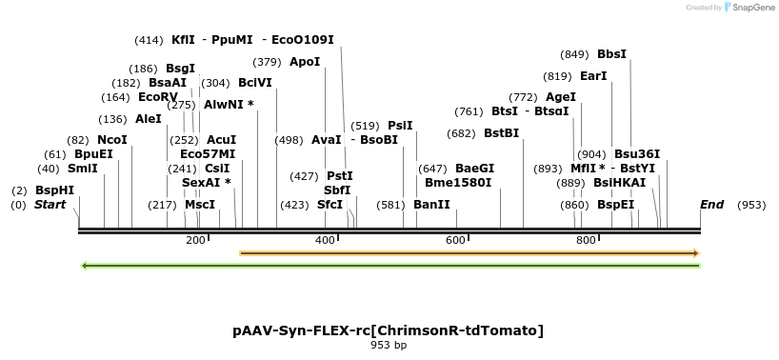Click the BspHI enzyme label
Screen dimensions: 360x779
(x=54, y=190)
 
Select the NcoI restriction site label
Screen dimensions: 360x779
(x=111, y=139)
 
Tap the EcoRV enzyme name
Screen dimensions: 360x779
(x=158, y=96)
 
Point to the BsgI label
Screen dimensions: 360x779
(x=180, y=68)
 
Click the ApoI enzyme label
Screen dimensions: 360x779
(x=305, y=61)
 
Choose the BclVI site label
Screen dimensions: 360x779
(x=255, y=82)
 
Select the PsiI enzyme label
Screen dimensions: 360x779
(x=400, y=125)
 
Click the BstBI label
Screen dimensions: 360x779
(x=501, y=132)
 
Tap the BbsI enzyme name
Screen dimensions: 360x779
(x=611, y=53)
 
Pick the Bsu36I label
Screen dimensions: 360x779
(x=637, y=153)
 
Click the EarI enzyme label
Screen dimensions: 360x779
(x=593, y=75)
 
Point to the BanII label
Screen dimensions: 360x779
(x=431, y=204)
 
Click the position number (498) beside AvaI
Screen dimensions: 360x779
(x=290, y=139)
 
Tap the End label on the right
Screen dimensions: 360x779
(x=711, y=204)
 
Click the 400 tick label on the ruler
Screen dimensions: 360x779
(x=325, y=240)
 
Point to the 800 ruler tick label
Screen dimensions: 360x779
(x=587, y=240)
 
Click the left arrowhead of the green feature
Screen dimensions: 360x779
(x=85, y=265)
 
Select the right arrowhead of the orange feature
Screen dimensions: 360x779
(x=696, y=252)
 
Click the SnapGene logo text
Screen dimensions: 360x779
(x=753, y=8)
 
